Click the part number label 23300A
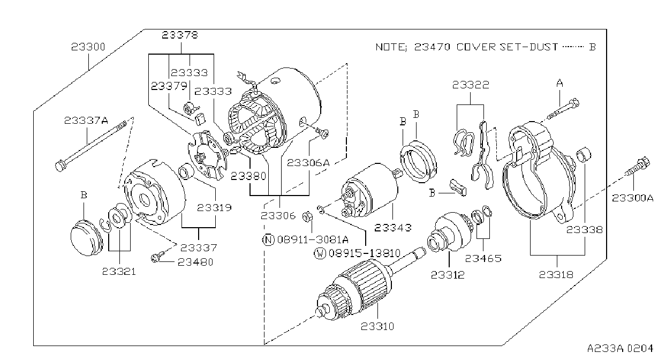[x=633, y=198]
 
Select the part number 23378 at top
[x=180, y=35]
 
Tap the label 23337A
[x=86, y=121]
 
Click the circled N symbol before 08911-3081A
[x=268, y=240]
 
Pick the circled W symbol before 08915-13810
[x=320, y=253]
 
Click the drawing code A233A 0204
[x=620, y=349]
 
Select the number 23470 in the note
[x=432, y=47]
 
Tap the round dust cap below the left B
[x=87, y=237]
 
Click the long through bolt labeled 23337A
[x=91, y=146]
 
